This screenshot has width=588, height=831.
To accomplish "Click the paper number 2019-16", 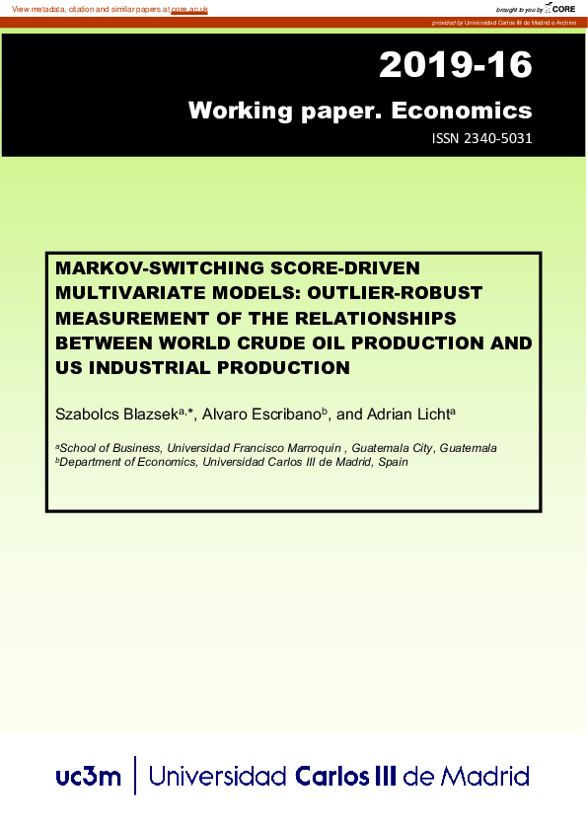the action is click(x=455, y=66).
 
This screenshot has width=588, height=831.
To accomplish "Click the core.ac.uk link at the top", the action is click(x=189, y=8).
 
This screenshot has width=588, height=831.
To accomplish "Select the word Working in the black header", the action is click(x=233, y=110).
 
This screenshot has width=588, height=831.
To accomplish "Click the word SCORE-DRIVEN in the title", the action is click(x=338, y=267).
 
